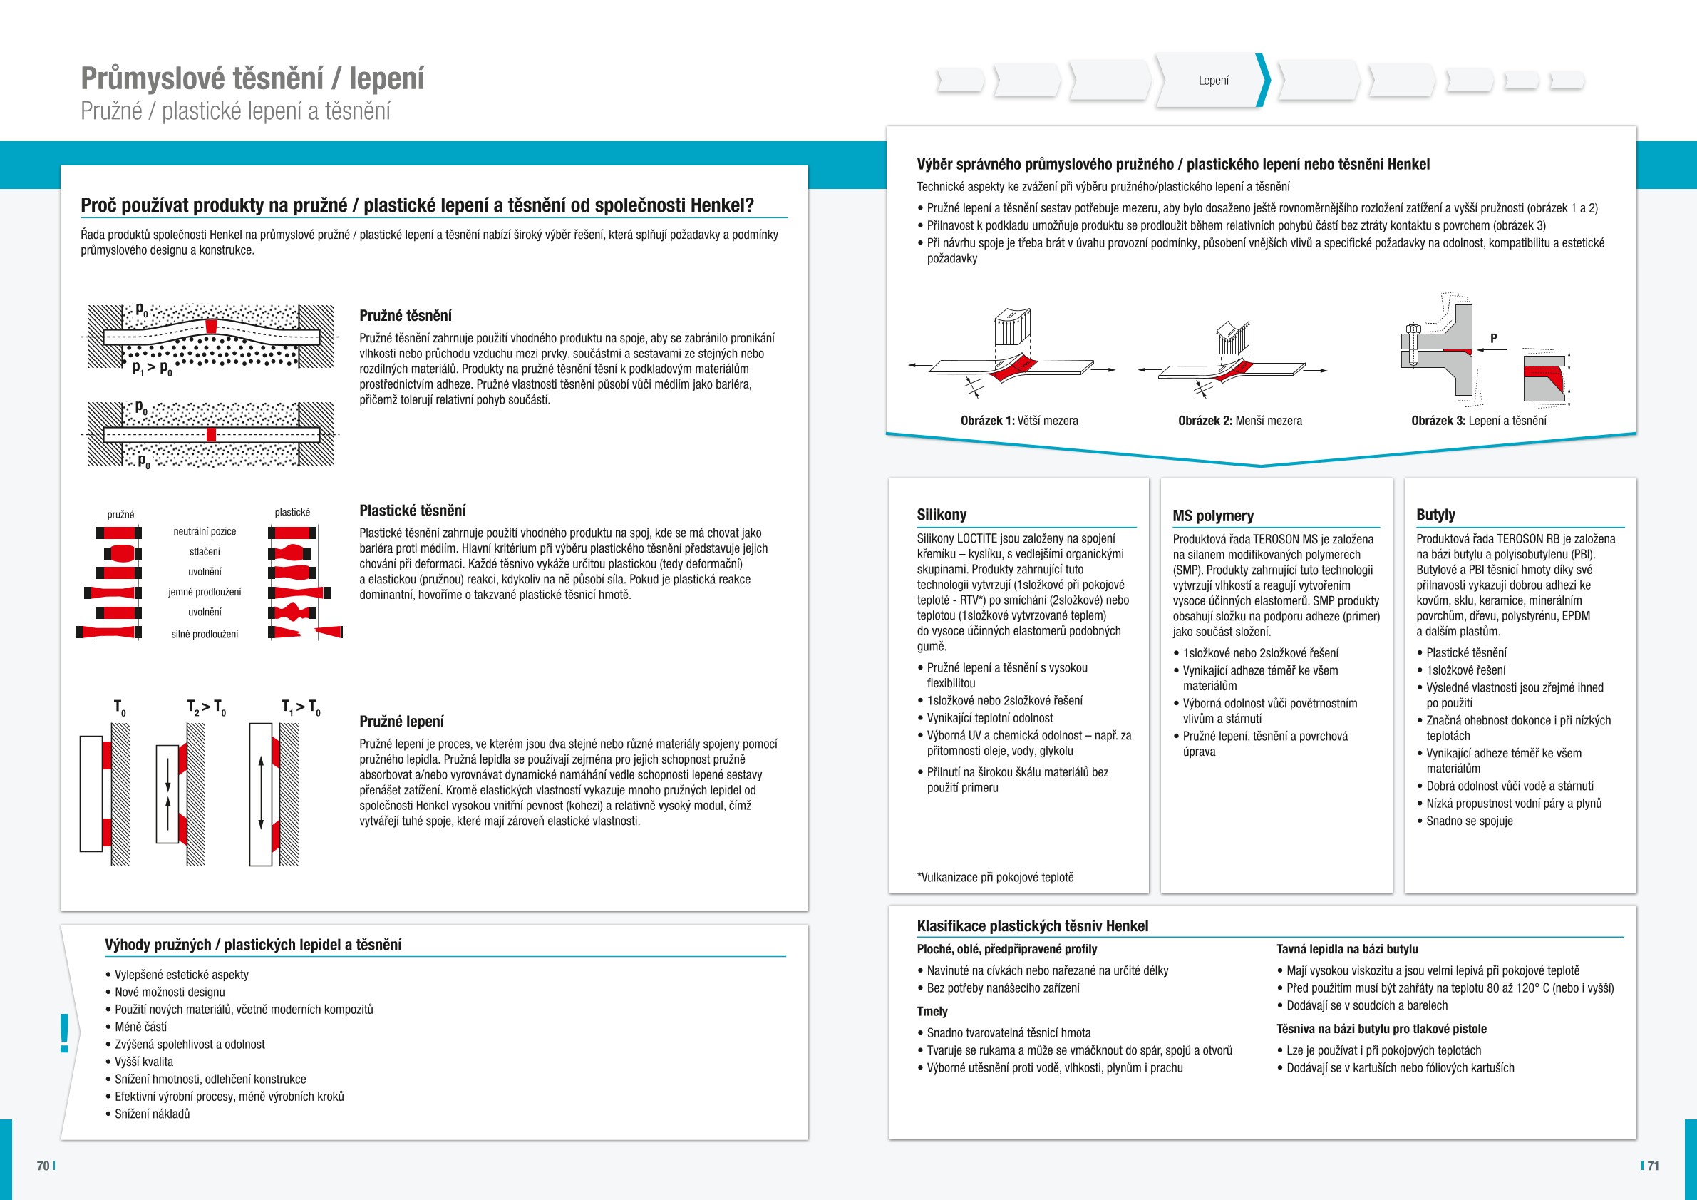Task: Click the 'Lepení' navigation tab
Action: pyautogui.click(x=1213, y=81)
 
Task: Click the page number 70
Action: pyautogui.click(x=43, y=1166)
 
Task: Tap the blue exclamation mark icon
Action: pyautogui.click(x=65, y=1033)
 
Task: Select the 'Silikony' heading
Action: pyautogui.click(x=942, y=515)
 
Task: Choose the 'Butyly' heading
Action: pyautogui.click(x=1435, y=515)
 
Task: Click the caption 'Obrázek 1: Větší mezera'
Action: pyautogui.click(x=1019, y=421)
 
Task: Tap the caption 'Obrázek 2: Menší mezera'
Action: pyautogui.click(x=1239, y=421)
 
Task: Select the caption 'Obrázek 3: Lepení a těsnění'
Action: pyautogui.click(x=1478, y=421)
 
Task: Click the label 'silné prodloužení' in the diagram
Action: pyautogui.click(x=205, y=635)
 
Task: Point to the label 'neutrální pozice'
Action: pyautogui.click(x=205, y=532)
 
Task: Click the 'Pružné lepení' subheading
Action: pyautogui.click(x=401, y=722)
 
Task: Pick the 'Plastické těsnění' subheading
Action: pyautogui.click(x=413, y=511)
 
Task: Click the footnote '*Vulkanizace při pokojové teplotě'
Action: pyautogui.click(x=995, y=878)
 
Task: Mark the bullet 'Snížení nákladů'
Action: pyautogui.click(x=153, y=1114)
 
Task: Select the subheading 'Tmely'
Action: pyautogui.click(x=932, y=1012)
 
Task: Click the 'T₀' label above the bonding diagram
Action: pyautogui.click(x=119, y=707)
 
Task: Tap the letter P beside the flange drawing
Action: pyautogui.click(x=1494, y=338)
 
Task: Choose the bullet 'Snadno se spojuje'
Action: pyautogui.click(x=1470, y=821)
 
